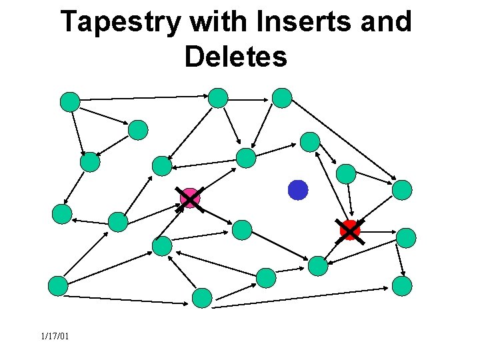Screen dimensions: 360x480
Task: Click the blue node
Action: tap(298, 190)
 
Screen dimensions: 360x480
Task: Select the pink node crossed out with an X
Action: tap(190, 198)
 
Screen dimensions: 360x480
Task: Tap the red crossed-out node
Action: tap(350, 230)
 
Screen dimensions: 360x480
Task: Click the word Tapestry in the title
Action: tap(119, 23)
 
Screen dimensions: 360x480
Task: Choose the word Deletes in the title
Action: tap(236, 57)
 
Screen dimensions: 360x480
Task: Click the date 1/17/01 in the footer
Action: tap(54, 336)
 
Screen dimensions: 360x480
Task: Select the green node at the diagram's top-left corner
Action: tap(70, 101)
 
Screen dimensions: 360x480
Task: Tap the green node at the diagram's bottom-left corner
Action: tap(59, 286)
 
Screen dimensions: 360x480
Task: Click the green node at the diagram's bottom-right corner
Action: tap(402, 286)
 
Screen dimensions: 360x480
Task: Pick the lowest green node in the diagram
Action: tap(202, 298)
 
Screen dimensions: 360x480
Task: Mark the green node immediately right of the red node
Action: tap(406, 237)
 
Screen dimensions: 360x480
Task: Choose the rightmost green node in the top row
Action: tap(282, 98)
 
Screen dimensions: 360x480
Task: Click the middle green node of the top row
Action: tap(218, 98)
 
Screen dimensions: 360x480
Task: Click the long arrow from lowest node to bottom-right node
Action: tap(300, 297)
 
